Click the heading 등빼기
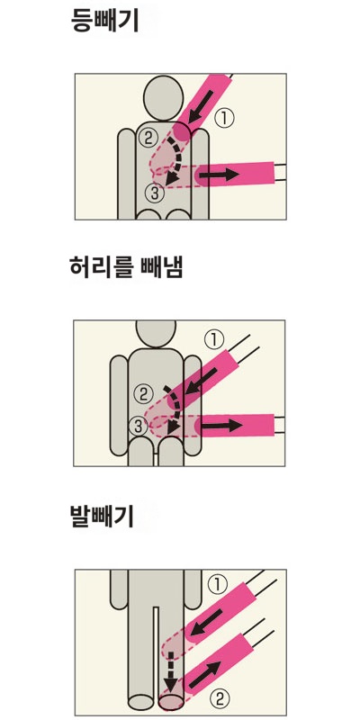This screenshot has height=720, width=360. pos(104,21)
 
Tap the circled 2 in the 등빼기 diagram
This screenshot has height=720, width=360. pos(148,138)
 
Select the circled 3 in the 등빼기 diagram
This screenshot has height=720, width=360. pos(155,191)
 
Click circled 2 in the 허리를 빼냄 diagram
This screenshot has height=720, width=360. pos(142,392)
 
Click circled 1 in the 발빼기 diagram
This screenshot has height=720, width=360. pos(216,584)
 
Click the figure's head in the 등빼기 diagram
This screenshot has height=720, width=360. pos(162,94)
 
